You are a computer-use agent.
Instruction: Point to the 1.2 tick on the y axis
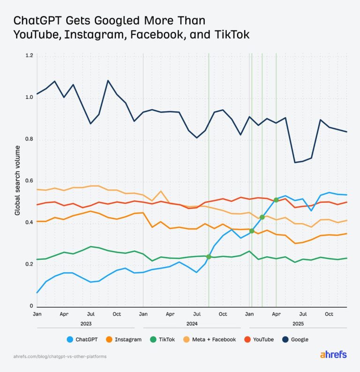point(29,56)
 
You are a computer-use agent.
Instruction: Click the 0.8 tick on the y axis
point(29,140)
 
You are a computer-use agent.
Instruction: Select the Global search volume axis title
point(17,181)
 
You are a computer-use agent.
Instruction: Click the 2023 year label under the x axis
point(86,324)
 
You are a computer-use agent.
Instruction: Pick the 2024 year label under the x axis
point(192,324)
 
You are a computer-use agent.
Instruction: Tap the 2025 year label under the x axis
point(298,324)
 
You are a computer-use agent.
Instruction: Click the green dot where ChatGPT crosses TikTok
point(209,257)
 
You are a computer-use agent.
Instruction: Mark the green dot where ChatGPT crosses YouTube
point(276,200)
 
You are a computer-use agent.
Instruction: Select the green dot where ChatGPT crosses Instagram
point(252,231)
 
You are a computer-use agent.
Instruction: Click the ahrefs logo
point(333,355)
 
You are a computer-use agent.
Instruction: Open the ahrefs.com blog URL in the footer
point(60,357)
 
